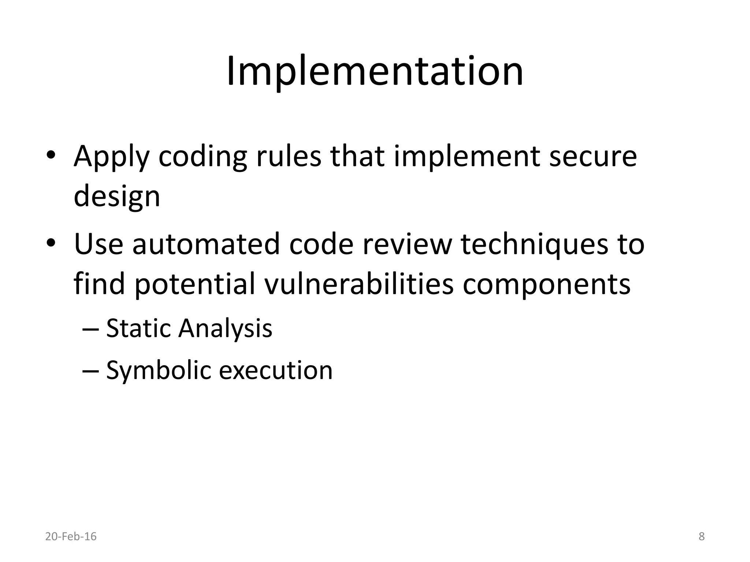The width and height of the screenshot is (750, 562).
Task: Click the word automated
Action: pos(206,244)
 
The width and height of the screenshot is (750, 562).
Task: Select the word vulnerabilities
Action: pos(359,284)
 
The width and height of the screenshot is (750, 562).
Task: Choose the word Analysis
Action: pos(225,329)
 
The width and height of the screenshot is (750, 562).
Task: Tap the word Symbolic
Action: pos(158,371)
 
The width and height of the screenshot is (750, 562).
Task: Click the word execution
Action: pos(276,370)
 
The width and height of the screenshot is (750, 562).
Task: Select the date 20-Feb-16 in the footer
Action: pos(71,537)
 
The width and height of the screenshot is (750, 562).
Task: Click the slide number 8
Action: pos(702,537)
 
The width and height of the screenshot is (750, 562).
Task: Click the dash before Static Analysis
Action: pos(90,329)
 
